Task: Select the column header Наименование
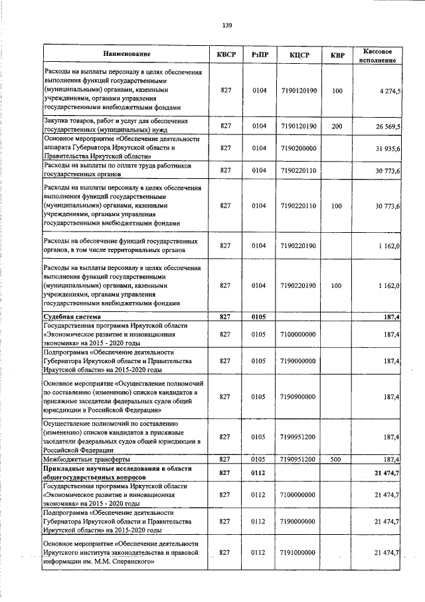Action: tap(127, 53)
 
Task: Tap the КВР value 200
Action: tap(337, 125)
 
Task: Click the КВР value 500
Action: tap(337, 460)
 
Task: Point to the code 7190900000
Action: tap(298, 396)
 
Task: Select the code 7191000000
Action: tap(298, 553)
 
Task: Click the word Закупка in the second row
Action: tap(57, 121)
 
